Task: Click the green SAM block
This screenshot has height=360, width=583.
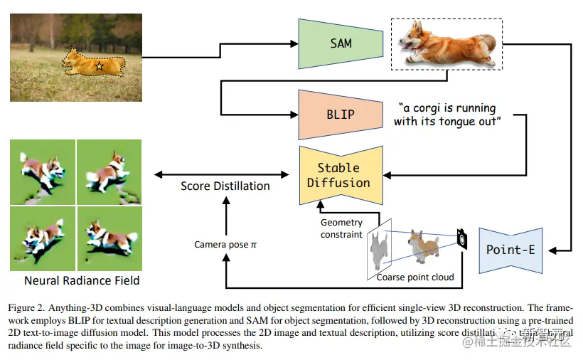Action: click(341, 43)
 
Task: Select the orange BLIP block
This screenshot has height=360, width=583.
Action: click(341, 115)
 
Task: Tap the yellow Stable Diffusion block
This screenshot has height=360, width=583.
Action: click(338, 175)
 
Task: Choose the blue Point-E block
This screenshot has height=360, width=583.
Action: click(511, 250)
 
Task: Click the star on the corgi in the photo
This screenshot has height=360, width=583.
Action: click(99, 66)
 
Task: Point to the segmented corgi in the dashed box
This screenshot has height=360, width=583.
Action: click(446, 43)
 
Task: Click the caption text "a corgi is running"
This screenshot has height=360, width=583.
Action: click(449, 108)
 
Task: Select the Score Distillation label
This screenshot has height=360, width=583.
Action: click(225, 186)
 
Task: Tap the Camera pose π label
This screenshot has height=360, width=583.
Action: click(225, 245)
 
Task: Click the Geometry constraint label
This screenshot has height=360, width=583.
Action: click(342, 228)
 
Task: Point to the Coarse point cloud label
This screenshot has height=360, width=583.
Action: click(414, 277)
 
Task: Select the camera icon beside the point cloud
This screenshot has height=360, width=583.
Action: click(463, 239)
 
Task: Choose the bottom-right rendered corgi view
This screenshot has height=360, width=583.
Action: click(109, 237)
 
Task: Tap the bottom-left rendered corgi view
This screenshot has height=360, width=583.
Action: click(43, 237)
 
